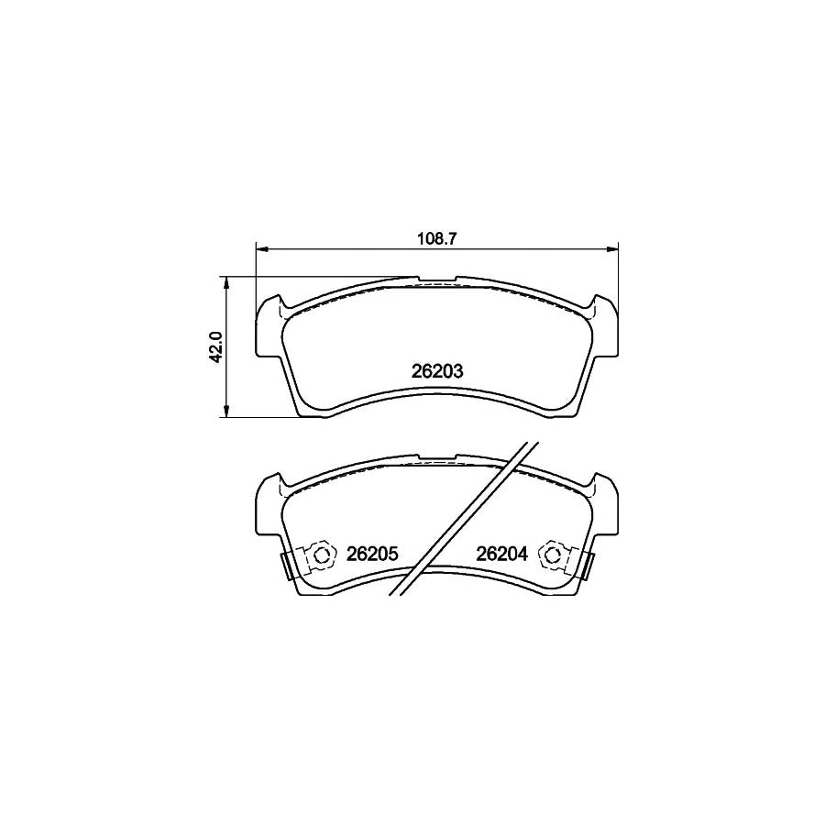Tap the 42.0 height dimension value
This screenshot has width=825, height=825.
215,347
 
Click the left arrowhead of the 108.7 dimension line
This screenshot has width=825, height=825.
260,247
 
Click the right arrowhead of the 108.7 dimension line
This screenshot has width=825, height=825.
614,247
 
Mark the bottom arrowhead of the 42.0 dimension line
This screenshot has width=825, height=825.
227,413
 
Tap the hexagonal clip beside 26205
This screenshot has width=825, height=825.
321,554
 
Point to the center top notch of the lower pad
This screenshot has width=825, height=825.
437,456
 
